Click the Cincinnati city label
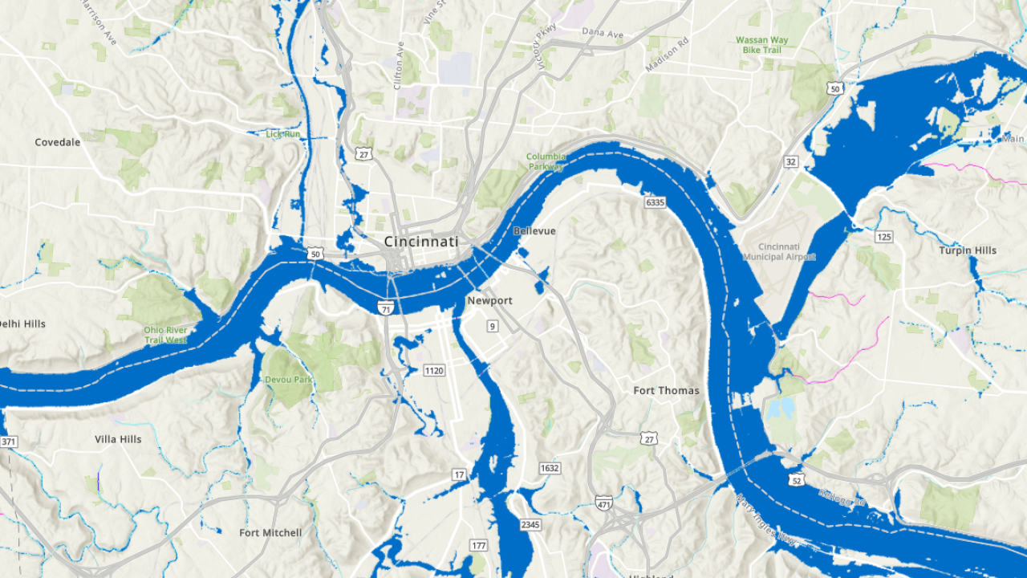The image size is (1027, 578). click(421, 242)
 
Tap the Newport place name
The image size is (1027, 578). click(489, 301)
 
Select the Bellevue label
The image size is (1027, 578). click(534, 231)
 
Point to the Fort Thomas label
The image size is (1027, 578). click(666, 391)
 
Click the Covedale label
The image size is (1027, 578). click(58, 143)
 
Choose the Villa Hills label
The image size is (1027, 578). click(118, 440)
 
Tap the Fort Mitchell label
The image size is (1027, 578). click(270, 533)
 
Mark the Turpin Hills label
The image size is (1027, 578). click(968, 250)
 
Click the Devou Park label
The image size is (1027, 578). click(286, 380)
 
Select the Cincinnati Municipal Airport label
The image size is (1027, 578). click(779, 251)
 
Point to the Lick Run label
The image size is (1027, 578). click(283, 134)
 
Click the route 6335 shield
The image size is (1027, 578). click(655, 202)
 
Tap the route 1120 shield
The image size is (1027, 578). click(434, 370)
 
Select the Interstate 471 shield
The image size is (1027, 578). click(604, 503)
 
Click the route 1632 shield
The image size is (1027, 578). click(550, 468)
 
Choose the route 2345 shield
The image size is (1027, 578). click(530, 525)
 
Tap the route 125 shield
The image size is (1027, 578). click(884, 237)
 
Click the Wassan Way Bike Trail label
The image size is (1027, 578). click(762, 45)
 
